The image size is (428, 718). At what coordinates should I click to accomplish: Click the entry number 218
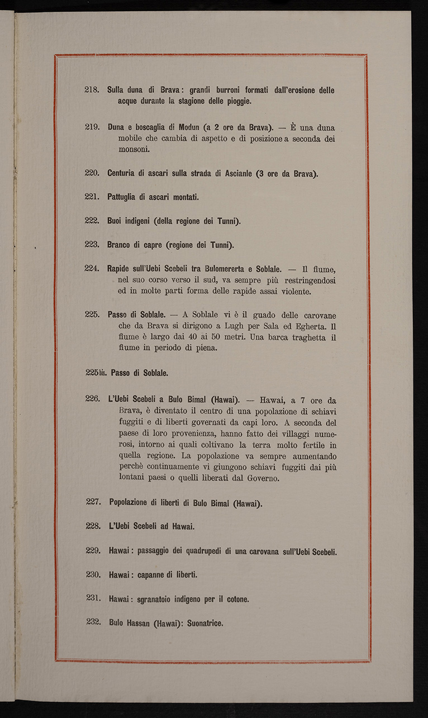[x=92, y=90]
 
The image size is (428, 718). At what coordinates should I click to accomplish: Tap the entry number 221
[x=92, y=197]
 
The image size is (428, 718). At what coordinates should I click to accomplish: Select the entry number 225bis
[x=96, y=373]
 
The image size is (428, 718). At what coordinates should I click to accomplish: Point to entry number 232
[x=93, y=622]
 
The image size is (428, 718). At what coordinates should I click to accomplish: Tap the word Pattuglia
[x=124, y=197]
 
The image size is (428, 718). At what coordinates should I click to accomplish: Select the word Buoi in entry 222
[x=116, y=221]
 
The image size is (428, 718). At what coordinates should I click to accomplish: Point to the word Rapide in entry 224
[x=120, y=269]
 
